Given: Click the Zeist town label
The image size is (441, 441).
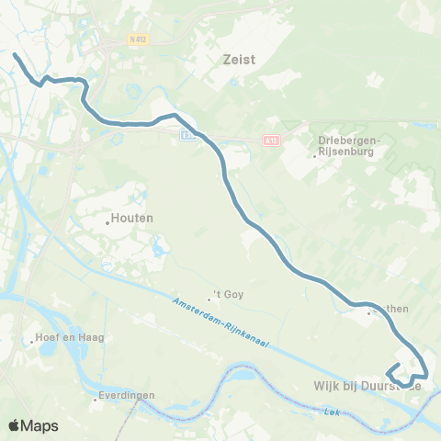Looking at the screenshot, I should [239, 59].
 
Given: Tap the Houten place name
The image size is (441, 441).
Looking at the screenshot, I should [131, 218].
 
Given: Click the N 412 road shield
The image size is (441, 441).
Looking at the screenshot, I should [138, 40].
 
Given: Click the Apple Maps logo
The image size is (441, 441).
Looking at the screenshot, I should [32, 425].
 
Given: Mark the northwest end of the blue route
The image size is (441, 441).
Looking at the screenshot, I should [15, 56].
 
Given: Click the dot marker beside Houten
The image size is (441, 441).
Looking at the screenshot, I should [107, 219].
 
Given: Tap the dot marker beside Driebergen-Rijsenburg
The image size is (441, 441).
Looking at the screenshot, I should [314, 156].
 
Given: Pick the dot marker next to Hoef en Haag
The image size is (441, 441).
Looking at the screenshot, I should [33, 338].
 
